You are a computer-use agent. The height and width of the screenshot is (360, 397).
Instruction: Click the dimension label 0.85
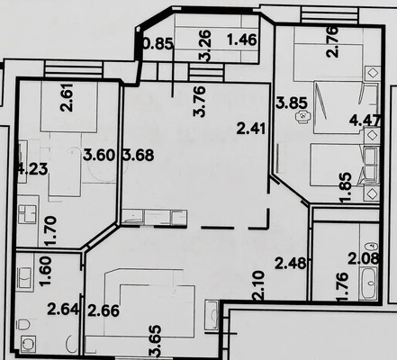click(x=158, y=43)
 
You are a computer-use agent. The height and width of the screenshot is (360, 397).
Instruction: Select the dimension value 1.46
click(x=242, y=40)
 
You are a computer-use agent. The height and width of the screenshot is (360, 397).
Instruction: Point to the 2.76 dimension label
click(x=332, y=42)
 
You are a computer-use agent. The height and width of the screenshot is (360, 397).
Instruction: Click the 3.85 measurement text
click(x=292, y=103)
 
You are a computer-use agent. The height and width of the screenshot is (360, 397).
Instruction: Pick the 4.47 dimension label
click(x=365, y=121)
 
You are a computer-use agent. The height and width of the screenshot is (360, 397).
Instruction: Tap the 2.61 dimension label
click(x=67, y=97)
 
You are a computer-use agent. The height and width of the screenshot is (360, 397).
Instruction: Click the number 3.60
click(x=99, y=155)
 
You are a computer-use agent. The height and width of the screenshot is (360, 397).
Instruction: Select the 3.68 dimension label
click(x=139, y=155)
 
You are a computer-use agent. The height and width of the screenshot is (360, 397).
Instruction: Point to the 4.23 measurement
click(x=33, y=169)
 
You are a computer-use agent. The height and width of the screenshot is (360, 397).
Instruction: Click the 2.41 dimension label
click(x=251, y=129)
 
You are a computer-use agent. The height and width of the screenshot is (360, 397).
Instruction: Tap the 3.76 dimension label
click(x=200, y=102)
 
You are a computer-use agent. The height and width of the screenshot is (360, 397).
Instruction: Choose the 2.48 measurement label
click(x=291, y=264)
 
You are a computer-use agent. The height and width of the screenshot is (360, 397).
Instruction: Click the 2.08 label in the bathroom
click(x=364, y=258)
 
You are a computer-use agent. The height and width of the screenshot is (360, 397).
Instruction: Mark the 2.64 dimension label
click(x=63, y=310)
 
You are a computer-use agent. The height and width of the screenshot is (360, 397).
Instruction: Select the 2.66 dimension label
click(x=104, y=310)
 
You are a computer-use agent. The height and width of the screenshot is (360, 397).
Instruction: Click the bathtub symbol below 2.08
click(x=368, y=283)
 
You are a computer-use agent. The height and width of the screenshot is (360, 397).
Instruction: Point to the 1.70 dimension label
click(x=50, y=231)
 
